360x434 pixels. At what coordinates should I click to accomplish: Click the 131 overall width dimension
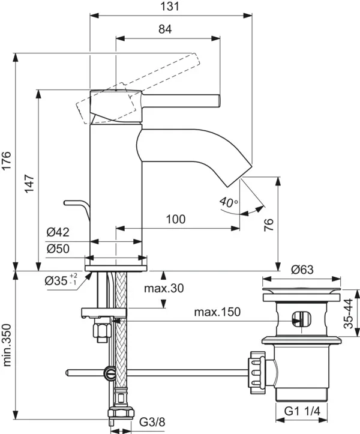(x=169, y=6)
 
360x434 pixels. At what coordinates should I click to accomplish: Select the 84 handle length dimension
(x=165, y=29)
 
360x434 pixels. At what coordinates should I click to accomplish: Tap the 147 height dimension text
(x=29, y=184)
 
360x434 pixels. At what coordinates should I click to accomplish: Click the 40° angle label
(x=228, y=202)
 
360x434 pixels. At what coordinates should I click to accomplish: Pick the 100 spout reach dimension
(x=176, y=219)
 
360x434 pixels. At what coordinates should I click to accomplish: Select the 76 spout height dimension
(x=268, y=225)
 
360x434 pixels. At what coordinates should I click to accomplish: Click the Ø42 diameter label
(x=58, y=232)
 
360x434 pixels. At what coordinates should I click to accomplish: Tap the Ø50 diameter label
(x=58, y=249)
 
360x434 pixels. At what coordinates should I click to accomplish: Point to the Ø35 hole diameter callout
(x=61, y=280)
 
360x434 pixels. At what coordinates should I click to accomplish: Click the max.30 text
(x=164, y=288)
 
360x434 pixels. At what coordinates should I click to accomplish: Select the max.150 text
(x=217, y=312)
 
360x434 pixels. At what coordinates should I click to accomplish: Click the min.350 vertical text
(x=7, y=345)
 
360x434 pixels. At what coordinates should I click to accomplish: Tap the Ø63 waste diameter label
(x=302, y=270)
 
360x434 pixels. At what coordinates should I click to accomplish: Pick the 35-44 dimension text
(x=349, y=313)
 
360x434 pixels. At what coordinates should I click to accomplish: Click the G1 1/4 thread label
(x=302, y=411)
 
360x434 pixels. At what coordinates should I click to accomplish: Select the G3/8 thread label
(x=152, y=422)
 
